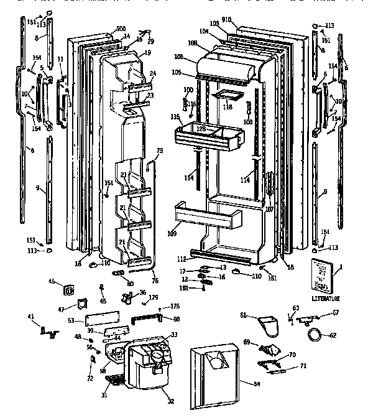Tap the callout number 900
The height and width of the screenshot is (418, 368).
tap(120, 29)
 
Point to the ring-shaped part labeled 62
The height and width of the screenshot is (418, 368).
tap(316, 335)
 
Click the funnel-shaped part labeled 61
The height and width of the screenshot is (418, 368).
tap(267, 324)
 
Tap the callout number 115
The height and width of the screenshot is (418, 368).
tap(175, 117)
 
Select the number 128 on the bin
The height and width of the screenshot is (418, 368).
tap(201, 128)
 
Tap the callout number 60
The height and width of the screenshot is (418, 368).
tap(177, 319)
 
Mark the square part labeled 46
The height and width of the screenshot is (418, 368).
tap(67, 290)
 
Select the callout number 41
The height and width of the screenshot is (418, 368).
tap(30, 318)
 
